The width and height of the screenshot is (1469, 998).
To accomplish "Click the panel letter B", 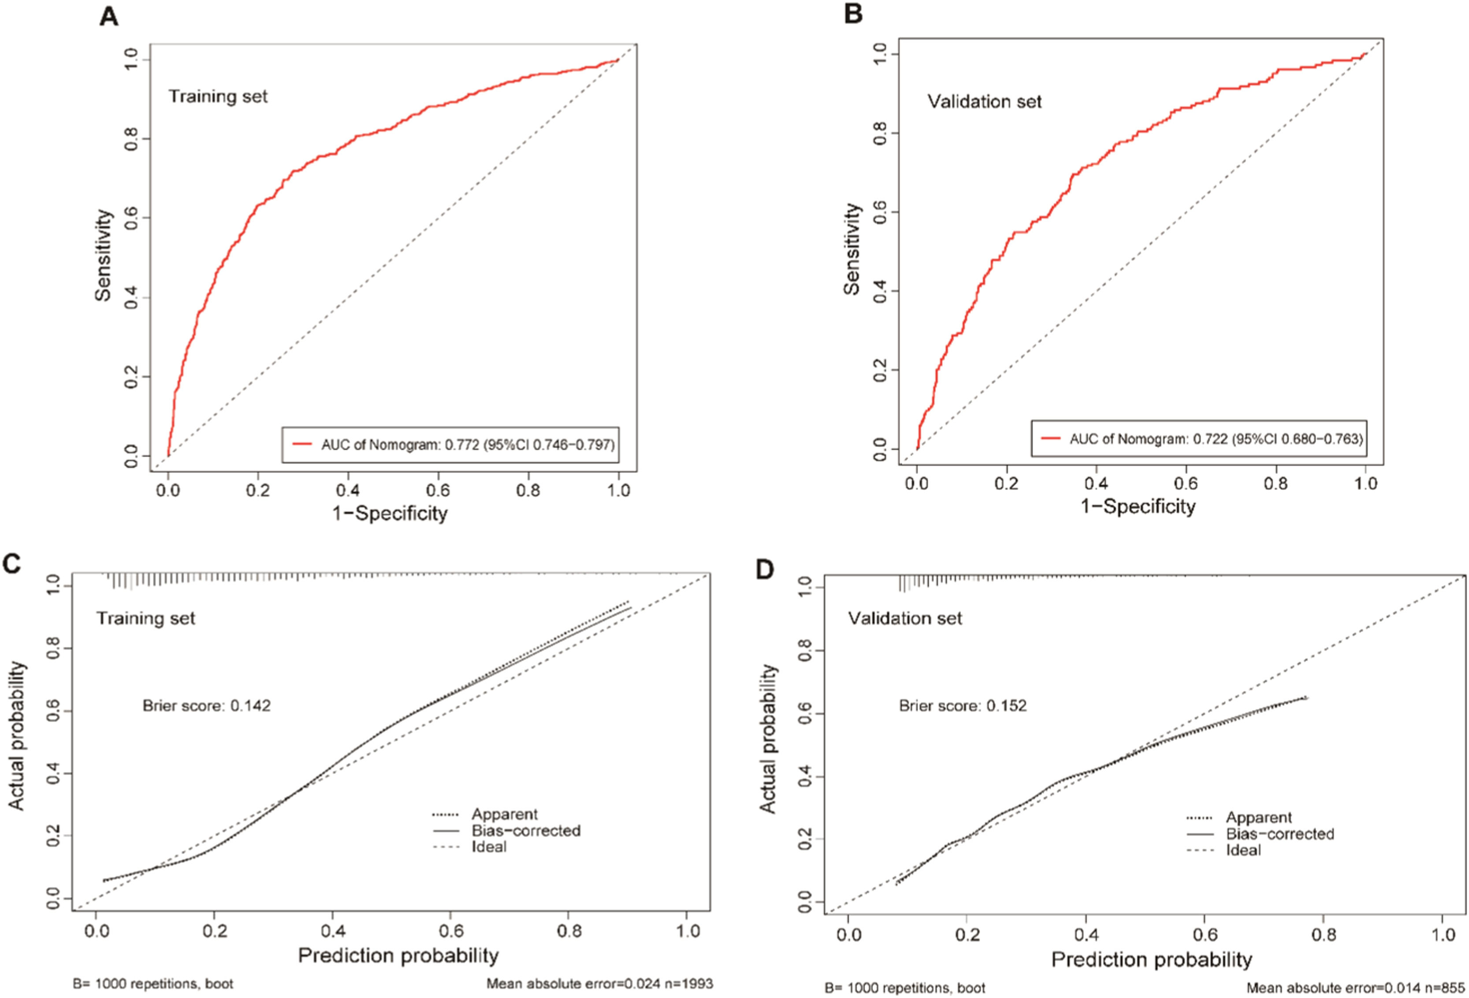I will [x=853, y=14].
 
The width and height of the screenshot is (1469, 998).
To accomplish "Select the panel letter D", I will [x=765, y=569].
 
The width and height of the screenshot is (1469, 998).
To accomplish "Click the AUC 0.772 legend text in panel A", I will [x=468, y=445].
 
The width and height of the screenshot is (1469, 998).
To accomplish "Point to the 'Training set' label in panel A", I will [x=218, y=96].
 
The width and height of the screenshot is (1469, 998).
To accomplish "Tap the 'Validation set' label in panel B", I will [x=984, y=102].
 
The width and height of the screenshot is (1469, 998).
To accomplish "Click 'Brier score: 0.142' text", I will [x=207, y=705].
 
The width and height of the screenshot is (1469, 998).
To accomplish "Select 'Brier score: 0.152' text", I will [x=963, y=705].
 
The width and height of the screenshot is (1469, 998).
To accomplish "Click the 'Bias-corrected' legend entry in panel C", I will [x=526, y=831].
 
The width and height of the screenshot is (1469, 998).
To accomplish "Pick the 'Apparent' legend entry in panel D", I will [x=1258, y=817].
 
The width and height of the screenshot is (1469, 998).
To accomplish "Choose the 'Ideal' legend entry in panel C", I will [x=489, y=847].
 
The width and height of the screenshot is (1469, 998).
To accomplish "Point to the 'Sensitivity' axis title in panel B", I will [x=852, y=249].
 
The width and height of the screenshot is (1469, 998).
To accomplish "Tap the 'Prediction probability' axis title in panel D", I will [x=1151, y=959].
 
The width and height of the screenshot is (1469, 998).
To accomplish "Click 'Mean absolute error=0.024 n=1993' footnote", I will [x=599, y=984].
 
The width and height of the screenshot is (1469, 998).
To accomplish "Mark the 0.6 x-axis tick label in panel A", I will [x=438, y=490].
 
